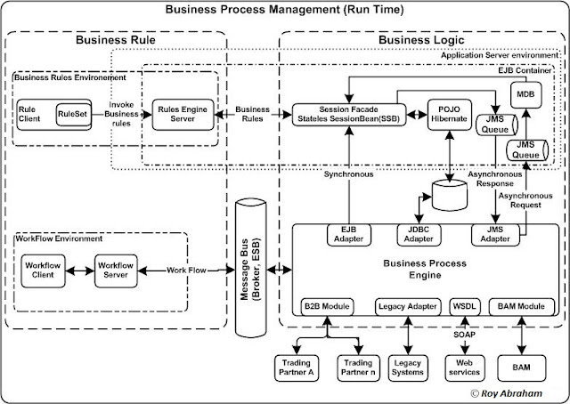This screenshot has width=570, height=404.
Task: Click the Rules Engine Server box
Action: click(183, 116)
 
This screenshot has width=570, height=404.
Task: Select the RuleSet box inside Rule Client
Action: click(71, 115)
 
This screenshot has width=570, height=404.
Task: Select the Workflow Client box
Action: click(45, 269)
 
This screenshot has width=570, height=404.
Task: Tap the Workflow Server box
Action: click(116, 269)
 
